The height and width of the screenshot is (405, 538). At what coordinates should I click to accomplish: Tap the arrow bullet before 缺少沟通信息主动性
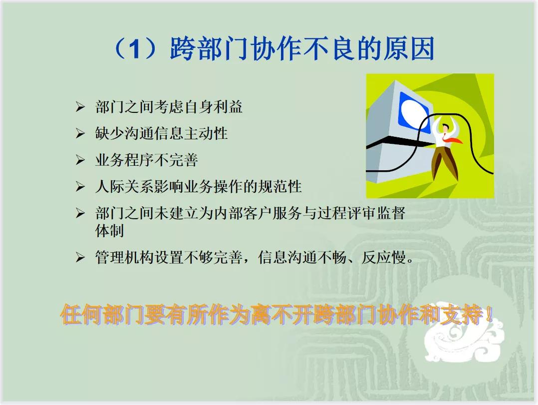tap(80, 134)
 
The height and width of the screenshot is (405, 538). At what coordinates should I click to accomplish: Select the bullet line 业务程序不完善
tap(146, 160)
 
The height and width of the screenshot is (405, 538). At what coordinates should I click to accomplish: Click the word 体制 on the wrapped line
tap(109, 231)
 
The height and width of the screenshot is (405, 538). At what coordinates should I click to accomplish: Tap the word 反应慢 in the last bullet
tap(384, 258)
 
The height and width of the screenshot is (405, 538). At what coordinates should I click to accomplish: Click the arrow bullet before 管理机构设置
tap(80, 258)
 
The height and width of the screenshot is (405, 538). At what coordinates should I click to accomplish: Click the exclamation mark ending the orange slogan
tap(489, 316)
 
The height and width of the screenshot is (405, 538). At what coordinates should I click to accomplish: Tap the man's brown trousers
tap(444, 162)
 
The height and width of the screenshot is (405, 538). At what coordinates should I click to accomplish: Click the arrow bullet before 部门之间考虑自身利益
tap(80, 107)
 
